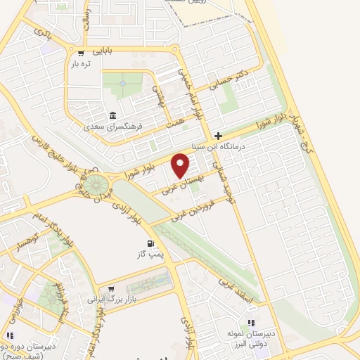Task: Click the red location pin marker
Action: click(181, 166)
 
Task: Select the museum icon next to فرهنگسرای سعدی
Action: click(112, 117)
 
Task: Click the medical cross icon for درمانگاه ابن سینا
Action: click(219, 136)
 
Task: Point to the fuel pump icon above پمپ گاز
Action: click(149, 245)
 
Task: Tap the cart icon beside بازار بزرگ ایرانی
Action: click(110, 288)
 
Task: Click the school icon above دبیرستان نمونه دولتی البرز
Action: click(252, 323)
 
